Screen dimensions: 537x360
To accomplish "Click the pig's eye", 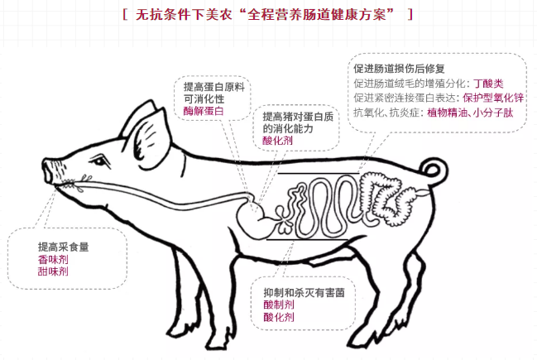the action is click(99, 161).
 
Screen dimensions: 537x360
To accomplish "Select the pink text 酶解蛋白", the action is click(204, 111).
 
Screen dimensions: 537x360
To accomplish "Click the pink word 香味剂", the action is click(53, 259).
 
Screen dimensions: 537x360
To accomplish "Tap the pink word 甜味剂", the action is click(53, 271).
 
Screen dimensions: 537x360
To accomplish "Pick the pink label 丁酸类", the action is click(488, 84).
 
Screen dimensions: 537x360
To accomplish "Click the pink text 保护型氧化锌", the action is click(493, 98).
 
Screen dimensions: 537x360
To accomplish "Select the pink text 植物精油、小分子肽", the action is click(470, 113).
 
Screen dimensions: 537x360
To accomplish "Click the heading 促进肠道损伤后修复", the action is click(399, 69).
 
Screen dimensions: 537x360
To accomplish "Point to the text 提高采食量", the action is click(64, 247).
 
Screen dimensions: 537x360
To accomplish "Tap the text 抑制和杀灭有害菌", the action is click(304, 292).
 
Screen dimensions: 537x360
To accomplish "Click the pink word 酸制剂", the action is click(279, 305).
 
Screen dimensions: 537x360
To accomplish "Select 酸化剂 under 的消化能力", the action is click(278, 141).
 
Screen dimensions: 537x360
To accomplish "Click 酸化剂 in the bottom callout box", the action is click(279, 317).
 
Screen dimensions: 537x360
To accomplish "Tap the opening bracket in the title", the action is click(125, 15).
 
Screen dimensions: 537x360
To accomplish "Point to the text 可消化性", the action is click(204, 99).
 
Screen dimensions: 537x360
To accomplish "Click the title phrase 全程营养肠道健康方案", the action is click(317, 15).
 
